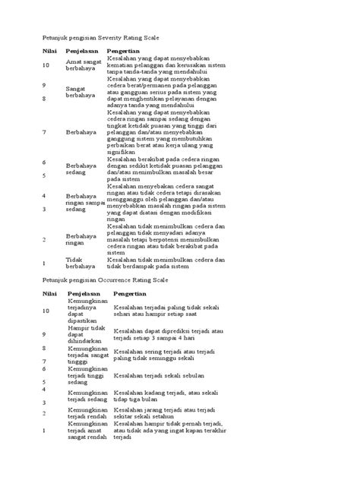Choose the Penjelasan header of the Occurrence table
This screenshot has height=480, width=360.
(85, 293)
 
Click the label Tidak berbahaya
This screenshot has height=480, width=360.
(81, 263)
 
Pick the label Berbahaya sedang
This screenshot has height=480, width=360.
(81, 167)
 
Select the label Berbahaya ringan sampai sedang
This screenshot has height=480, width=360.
(85, 203)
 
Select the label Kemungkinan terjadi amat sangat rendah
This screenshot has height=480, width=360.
(85, 432)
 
